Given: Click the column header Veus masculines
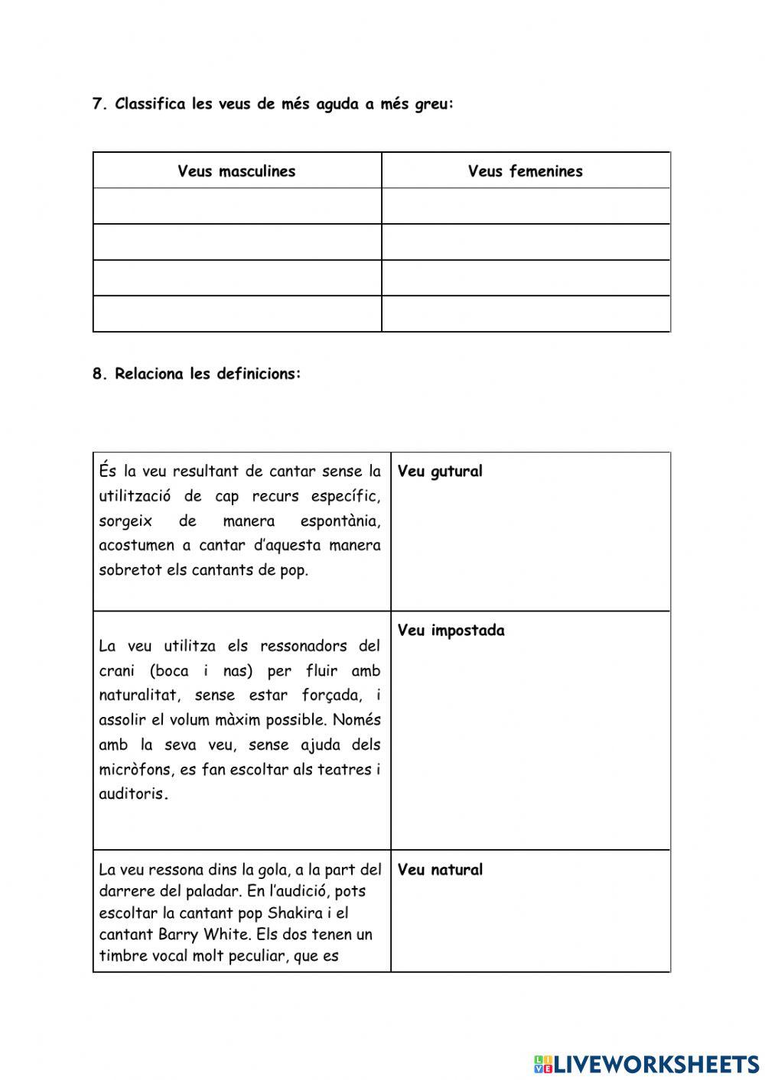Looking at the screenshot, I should (x=236, y=171).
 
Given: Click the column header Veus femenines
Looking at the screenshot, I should (x=525, y=171).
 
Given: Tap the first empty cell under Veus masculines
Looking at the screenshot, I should (x=237, y=206).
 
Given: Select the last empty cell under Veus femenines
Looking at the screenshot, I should (x=526, y=313).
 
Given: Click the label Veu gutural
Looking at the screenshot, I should (x=440, y=472).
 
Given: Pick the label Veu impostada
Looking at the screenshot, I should (x=451, y=631).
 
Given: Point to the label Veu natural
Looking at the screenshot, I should (x=440, y=870).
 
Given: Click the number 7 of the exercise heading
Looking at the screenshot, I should (x=97, y=105).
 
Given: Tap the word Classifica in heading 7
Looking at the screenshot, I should (x=150, y=105).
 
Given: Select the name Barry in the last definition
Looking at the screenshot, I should (x=178, y=934).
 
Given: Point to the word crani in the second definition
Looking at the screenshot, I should (x=116, y=671).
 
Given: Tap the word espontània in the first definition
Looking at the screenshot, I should (x=340, y=521).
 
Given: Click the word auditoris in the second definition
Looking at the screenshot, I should (x=132, y=794).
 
